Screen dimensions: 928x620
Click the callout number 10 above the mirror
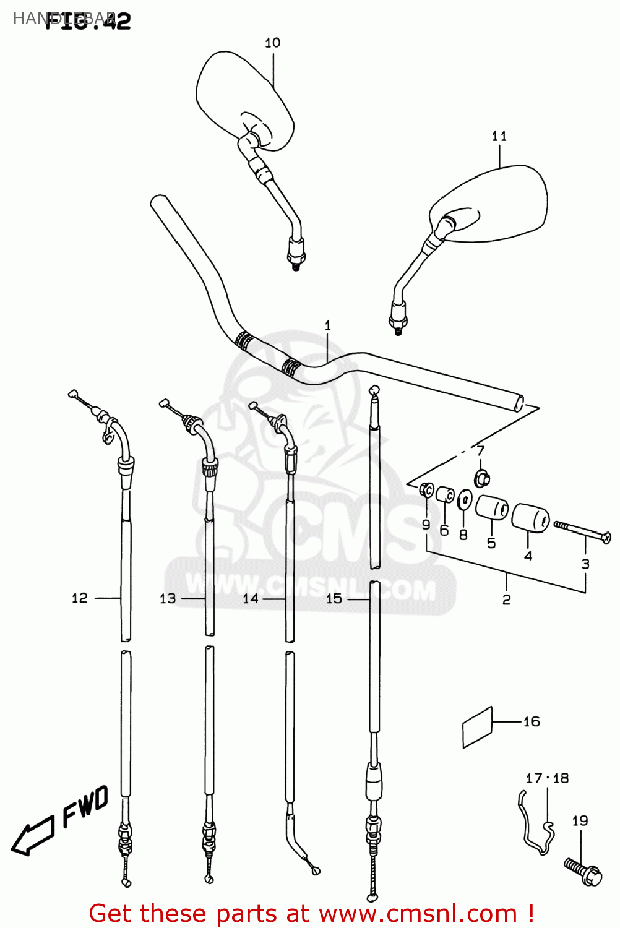[x=272, y=43]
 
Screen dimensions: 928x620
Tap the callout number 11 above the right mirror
[x=499, y=136]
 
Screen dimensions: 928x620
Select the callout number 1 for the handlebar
[x=327, y=325]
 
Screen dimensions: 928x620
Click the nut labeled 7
[x=483, y=478]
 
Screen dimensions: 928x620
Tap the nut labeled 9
[x=425, y=490]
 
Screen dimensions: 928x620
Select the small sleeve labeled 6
[x=445, y=496]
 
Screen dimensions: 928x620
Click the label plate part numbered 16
[x=477, y=727]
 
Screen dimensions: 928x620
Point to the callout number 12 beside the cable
[x=79, y=598]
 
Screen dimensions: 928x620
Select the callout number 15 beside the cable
[x=334, y=598]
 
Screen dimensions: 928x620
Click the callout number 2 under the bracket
[x=506, y=599]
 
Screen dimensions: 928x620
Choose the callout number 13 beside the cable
[x=167, y=598]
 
